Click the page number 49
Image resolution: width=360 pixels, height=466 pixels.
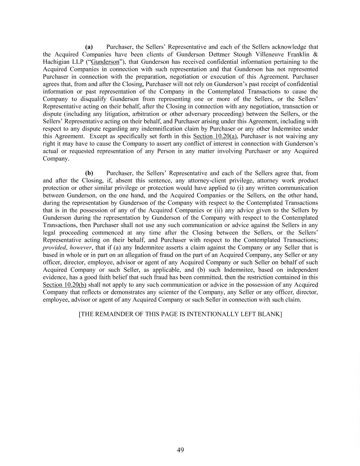pyautogui.click(x=180, y=451)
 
